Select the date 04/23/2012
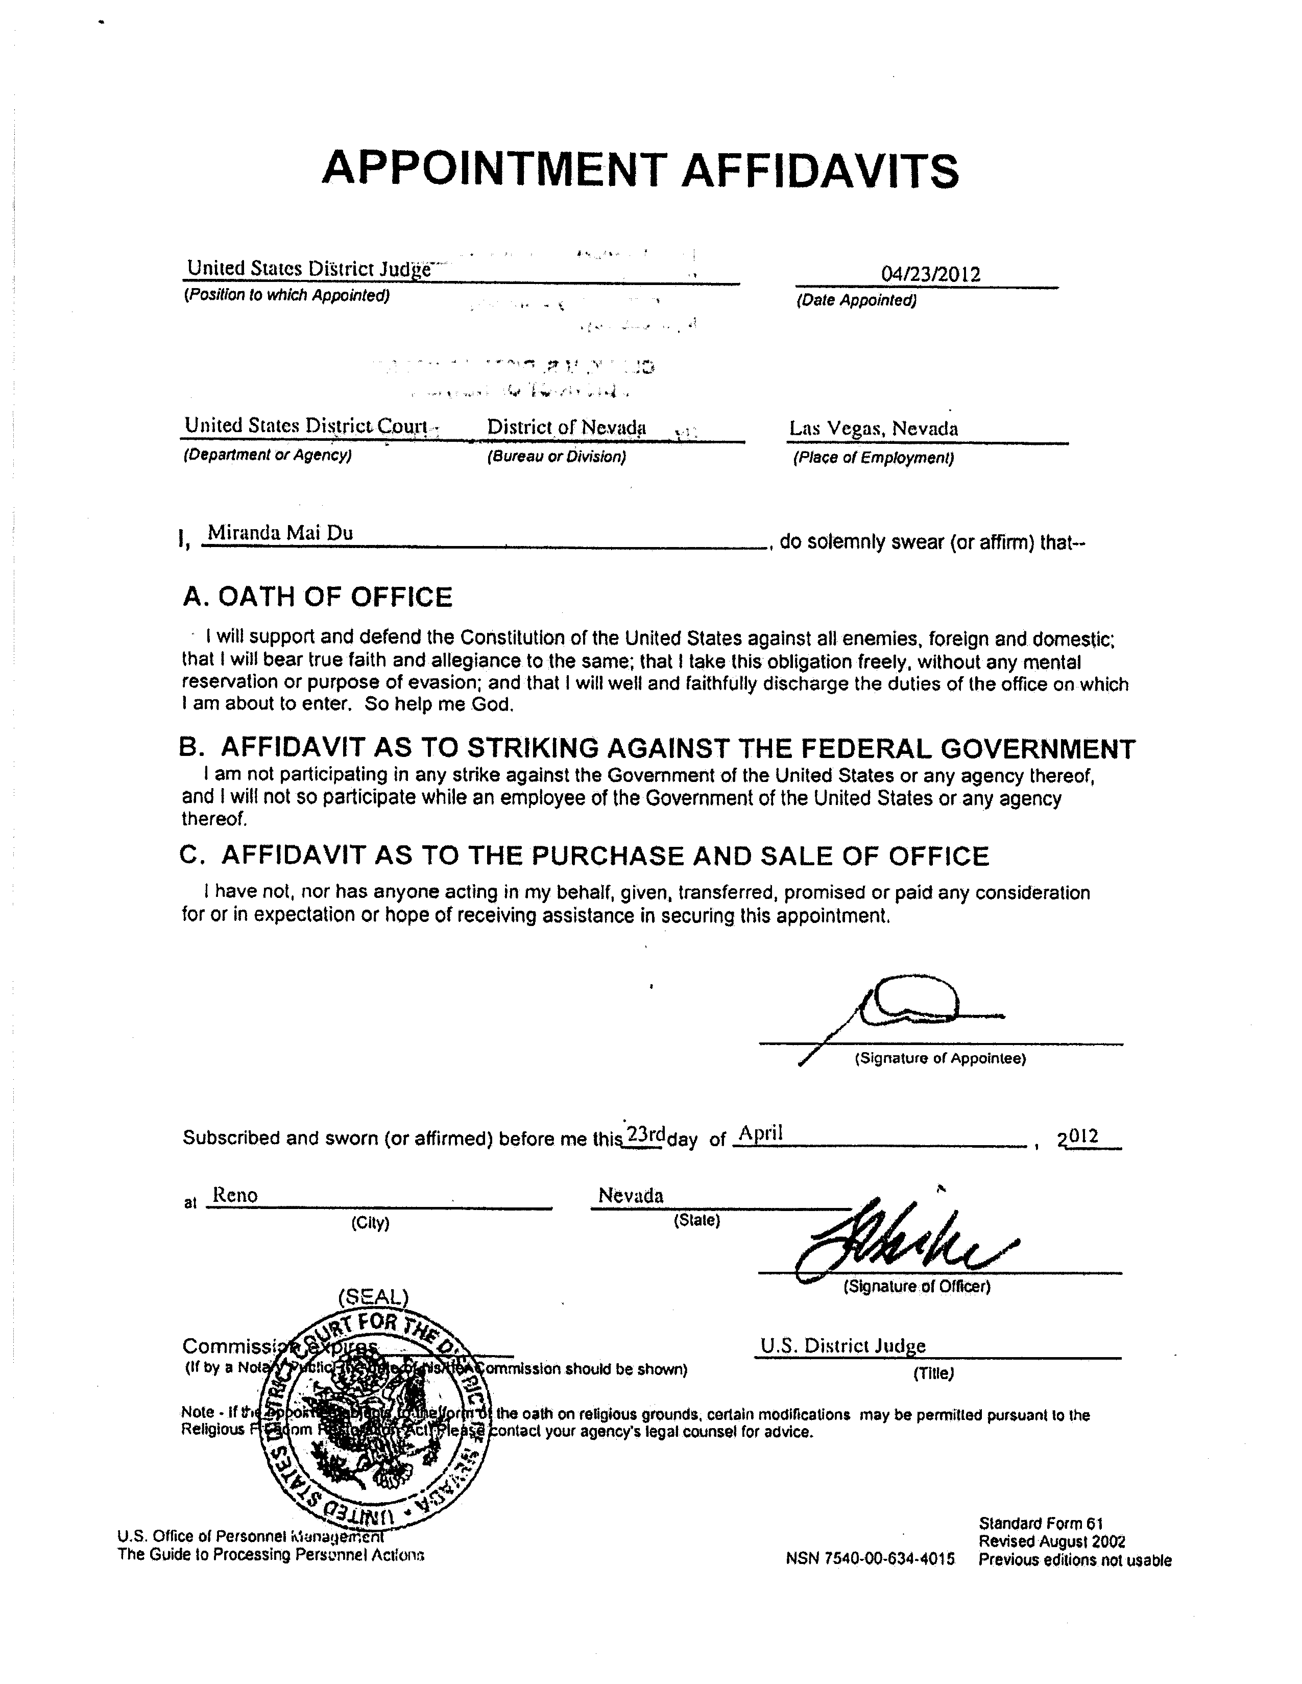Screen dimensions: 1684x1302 (x=930, y=274)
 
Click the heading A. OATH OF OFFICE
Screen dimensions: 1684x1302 (x=318, y=597)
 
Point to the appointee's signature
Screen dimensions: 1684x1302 (x=902, y=1010)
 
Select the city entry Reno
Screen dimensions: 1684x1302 (x=235, y=1195)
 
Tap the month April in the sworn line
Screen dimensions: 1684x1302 (x=761, y=1133)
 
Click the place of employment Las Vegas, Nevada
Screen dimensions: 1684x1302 (x=874, y=429)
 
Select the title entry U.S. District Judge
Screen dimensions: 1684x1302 (x=842, y=1345)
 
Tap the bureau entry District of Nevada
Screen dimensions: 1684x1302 (x=567, y=427)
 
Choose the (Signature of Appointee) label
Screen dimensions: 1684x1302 (x=939, y=1059)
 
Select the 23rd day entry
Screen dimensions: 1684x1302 (x=646, y=1134)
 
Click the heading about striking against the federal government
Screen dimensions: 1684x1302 (x=657, y=748)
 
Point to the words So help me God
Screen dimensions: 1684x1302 (x=439, y=704)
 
